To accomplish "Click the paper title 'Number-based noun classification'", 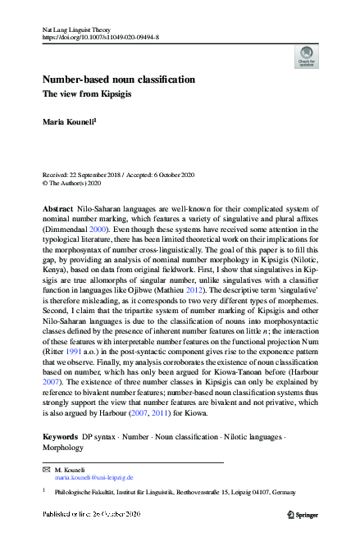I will click(x=119, y=80).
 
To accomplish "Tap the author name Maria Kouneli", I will click(x=69, y=121).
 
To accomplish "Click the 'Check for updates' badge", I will click(x=306, y=57).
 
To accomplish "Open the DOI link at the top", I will click(x=100, y=38).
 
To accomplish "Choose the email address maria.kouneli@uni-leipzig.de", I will click(x=93, y=476).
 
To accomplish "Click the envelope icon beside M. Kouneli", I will click(x=46, y=468).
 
